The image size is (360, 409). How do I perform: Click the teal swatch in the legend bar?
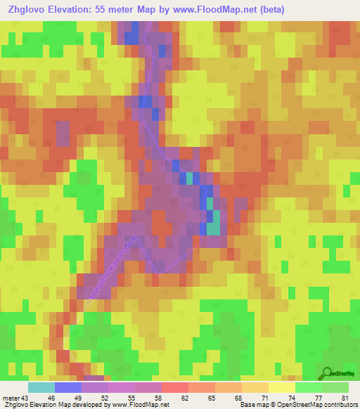[41, 387]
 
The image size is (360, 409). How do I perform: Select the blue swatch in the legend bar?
[67, 387]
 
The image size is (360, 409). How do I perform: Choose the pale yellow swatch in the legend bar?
[281, 387]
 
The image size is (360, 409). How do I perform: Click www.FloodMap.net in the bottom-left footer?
[140, 405]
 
